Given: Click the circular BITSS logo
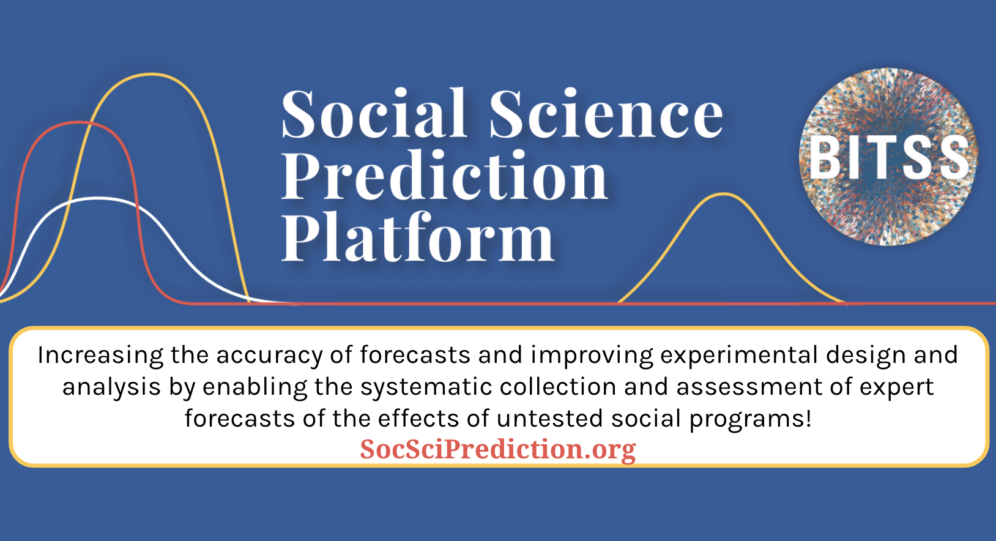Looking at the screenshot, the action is point(888,157).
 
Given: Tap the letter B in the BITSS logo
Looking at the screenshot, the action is point(826,157).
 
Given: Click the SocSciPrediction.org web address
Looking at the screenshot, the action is point(498,449).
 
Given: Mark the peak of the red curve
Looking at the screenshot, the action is point(79,122).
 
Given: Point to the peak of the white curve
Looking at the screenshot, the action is point(98,198).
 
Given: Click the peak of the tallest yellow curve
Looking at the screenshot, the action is point(152,74).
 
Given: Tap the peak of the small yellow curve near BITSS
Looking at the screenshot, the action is point(724,194).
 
